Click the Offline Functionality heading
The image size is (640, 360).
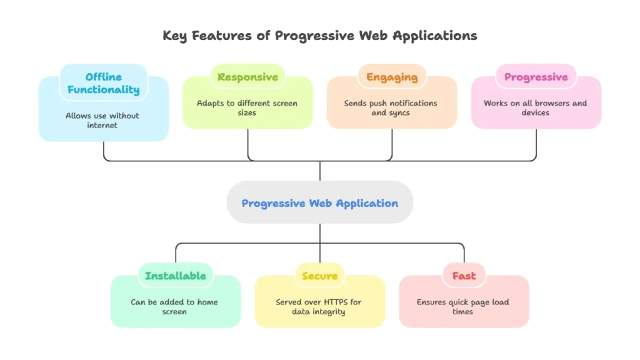coord(104,83)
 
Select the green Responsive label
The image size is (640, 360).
coord(247,77)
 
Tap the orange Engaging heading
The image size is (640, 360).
coord(392,77)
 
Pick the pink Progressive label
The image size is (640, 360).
coord(536,77)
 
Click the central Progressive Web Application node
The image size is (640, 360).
coord(319,203)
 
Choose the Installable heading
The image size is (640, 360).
coord(176,276)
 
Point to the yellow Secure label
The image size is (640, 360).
coord(319,276)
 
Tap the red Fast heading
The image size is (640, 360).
coord(464,276)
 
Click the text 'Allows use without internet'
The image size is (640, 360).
coord(102,120)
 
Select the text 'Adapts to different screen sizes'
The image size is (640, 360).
coord(247,107)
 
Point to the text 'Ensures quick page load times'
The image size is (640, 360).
coord(463,306)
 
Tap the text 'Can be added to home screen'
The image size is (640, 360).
coord(174,306)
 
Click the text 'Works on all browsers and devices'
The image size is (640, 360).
coord(536,107)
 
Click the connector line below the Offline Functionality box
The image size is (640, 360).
coord(102,152)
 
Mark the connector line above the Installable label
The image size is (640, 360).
coord(177,251)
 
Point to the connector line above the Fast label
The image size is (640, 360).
coord(463,251)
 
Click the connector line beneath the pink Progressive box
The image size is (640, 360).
coord(536,147)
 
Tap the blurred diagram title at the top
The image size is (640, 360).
coord(319,37)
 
